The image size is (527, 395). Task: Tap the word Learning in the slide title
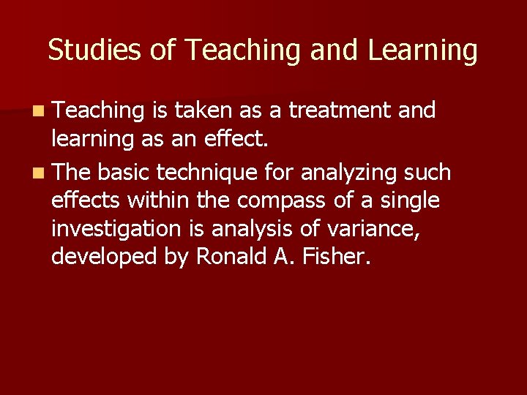(x=422, y=50)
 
